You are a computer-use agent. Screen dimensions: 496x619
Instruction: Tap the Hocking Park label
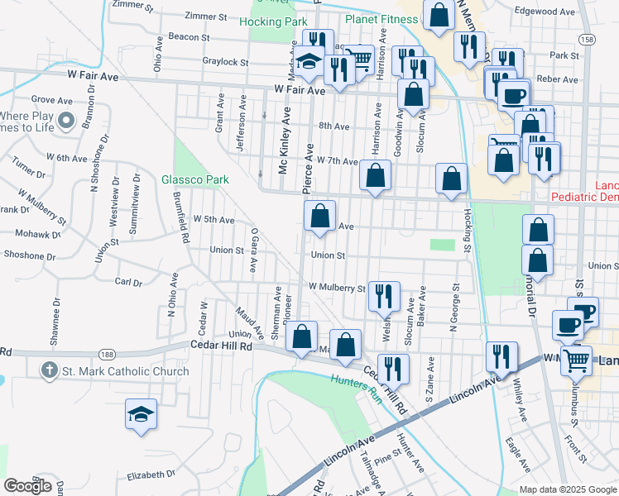[x=267, y=21]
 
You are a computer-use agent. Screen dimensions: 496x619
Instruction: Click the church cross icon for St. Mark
[x=50, y=371]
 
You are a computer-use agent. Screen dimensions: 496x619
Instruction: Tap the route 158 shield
[x=587, y=39]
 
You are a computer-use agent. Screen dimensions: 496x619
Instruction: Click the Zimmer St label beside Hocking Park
[x=206, y=17]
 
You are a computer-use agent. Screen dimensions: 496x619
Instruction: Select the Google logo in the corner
[x=28, y=485]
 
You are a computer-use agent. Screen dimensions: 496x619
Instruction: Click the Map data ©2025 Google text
[x=568, y=489]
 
